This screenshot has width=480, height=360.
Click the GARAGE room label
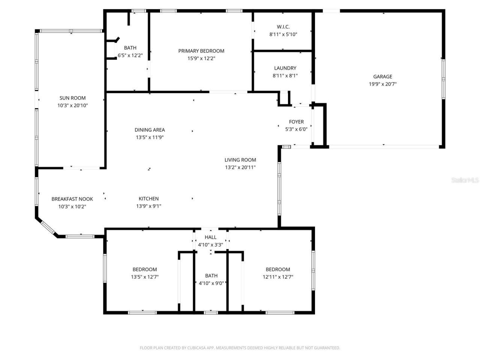[x=382, y=76]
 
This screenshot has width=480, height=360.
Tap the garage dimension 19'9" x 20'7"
[x=382, y=84]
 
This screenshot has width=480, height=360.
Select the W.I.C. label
[x=283, y=27]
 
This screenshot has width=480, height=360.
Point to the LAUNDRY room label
[x=285, y=68]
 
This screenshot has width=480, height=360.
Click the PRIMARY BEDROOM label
[x=201, y=51]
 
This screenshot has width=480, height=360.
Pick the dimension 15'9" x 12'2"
[x=201, y=58]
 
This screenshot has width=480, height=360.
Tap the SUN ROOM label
[x=72, y=98]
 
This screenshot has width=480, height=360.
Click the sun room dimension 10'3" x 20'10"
[x=72, y=105]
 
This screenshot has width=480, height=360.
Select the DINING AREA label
[x=150, y=130]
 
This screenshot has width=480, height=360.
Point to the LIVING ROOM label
[x=240, y=160]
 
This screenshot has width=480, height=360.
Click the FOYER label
[x=296, y=121]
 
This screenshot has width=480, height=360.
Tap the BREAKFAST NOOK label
[x=72, y=199]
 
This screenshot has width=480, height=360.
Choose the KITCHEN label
[x=148, y=198]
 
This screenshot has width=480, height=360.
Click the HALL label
[x=210, y=237]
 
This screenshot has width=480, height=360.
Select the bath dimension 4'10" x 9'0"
[x=211, y=283]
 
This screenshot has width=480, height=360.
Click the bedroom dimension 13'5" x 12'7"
[x=144, y=277]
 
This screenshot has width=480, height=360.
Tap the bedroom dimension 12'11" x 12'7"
[x=277, y=277]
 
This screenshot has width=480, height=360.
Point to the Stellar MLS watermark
[x=465, y=180]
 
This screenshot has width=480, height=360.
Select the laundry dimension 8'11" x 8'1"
[x=285, y=75]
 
